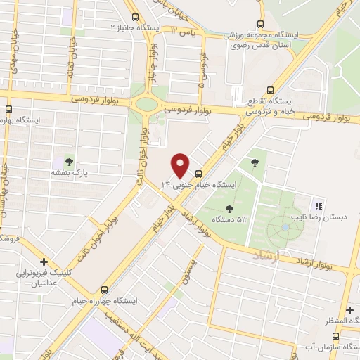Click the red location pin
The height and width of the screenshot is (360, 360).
181,165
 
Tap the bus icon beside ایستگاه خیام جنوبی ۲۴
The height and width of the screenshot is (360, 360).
198,173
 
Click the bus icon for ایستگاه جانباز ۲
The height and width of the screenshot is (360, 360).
135,18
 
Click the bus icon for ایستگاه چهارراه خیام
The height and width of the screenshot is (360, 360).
105,289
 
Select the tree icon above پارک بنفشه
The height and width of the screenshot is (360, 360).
68,161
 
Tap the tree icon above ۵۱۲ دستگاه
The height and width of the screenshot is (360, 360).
230,207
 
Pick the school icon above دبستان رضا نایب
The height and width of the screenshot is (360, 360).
319,207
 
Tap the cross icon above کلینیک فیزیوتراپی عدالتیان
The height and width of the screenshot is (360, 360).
44,261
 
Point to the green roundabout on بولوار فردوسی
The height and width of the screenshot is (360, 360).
146,105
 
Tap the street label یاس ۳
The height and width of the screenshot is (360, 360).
184,33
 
